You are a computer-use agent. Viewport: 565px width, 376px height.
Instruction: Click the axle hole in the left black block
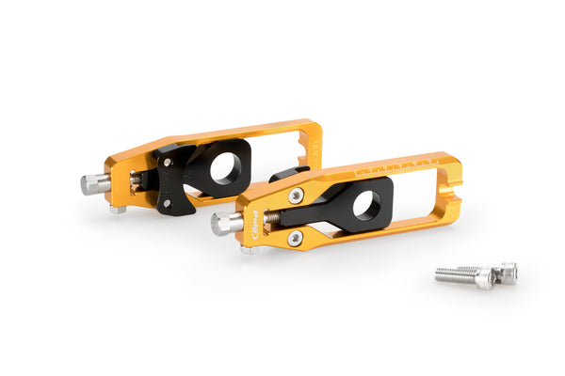[x=225, y=168]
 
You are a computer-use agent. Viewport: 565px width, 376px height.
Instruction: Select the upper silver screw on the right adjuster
[x=297, y=196]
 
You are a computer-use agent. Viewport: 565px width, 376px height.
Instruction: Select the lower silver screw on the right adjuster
[x=295, y=238]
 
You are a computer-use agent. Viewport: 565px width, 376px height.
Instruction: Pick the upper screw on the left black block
[x=168, y=162]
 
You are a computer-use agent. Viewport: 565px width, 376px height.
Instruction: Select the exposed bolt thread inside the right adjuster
[x=270, y=218]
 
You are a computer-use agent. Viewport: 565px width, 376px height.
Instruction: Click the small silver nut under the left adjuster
[x=117, y=209]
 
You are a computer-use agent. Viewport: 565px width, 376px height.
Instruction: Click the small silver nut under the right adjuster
[x=249, y=249]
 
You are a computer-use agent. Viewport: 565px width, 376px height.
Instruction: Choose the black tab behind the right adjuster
[x=286, y=175]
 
